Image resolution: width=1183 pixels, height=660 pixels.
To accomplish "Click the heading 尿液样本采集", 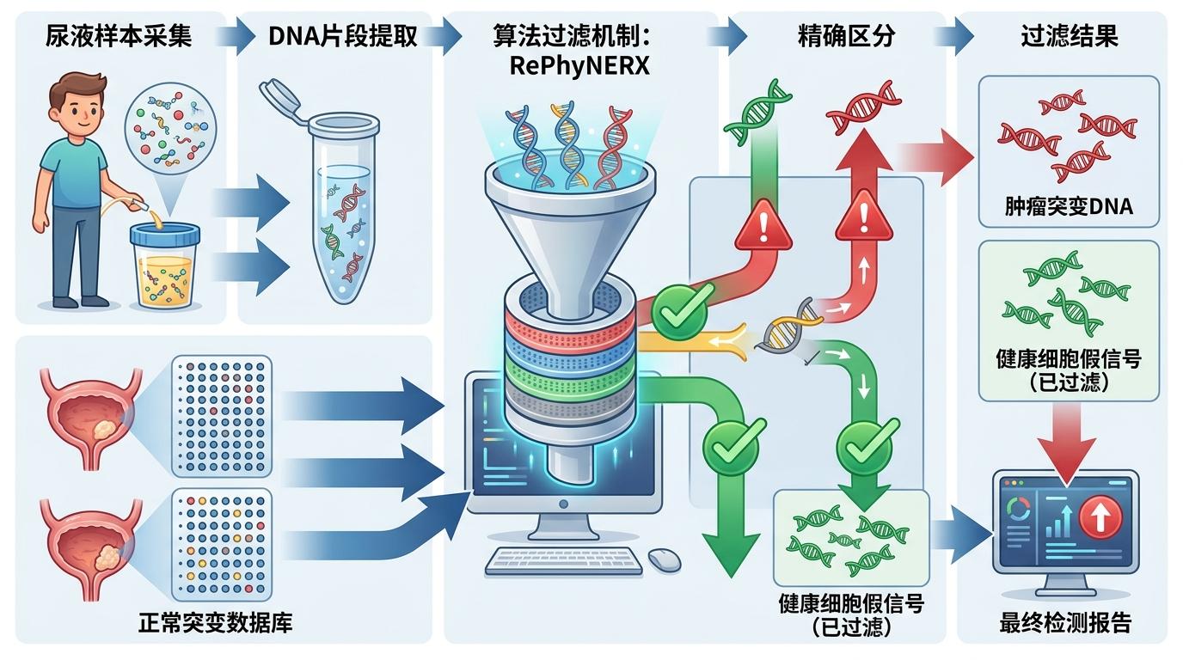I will [x=119, y=37].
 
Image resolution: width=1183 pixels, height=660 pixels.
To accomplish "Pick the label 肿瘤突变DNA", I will [x=1069, y=206].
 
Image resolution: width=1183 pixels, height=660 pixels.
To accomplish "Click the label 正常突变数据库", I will [x=215, y=622].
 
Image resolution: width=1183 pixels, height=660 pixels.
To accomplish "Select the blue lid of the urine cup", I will [x=165, y=233].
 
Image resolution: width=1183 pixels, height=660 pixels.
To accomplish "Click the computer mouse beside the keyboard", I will [x=664, y=559].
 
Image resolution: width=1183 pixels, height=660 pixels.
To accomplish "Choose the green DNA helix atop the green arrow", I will [x=757, y=111].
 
